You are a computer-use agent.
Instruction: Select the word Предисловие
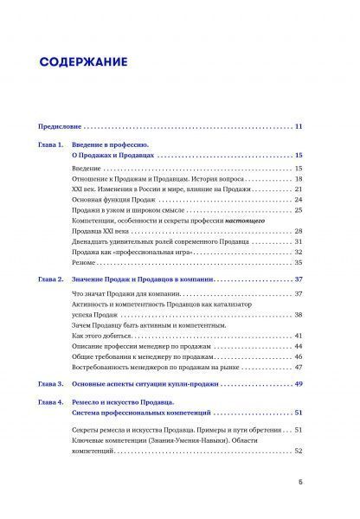(62, 128)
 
